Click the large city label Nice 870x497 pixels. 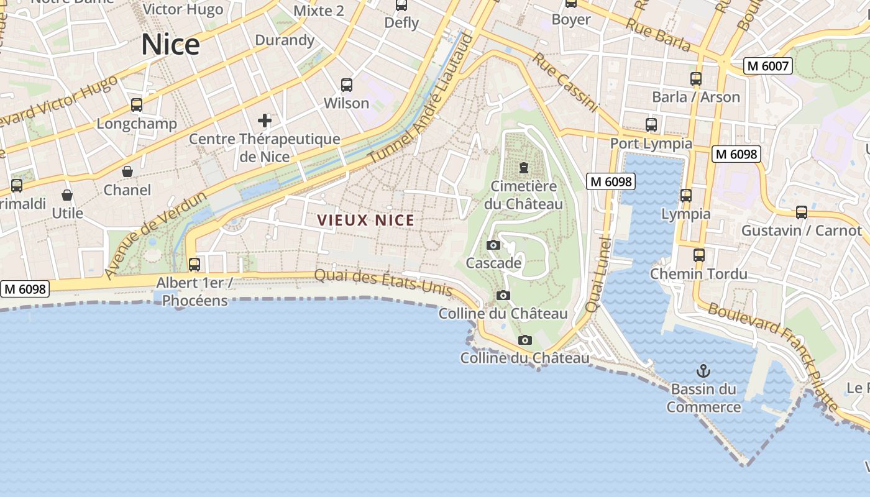tap(170, 45)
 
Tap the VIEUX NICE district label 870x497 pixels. tap(365, 220)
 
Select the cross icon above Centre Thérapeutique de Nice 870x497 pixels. tap(265, 120)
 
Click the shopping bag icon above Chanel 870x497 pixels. tap(127, 171)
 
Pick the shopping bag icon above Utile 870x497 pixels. tap(67, 195)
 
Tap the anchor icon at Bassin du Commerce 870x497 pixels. tap(703, 371)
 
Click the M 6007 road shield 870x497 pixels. tap(768, 66)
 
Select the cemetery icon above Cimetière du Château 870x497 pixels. tap(523, 168)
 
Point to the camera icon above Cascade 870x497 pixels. tap(493, 245)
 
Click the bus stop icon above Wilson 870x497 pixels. tap(347, 85)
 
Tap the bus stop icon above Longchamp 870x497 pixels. tap(137, 105)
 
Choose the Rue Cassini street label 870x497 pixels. tap(565, 82)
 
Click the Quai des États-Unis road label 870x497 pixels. tap(383, 281)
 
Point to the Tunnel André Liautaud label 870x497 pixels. tap(421, 99)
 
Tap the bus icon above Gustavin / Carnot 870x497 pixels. tap(802, 212)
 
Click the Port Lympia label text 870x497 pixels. tap(651, 144)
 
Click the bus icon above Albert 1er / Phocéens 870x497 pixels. tap(195, 265)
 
